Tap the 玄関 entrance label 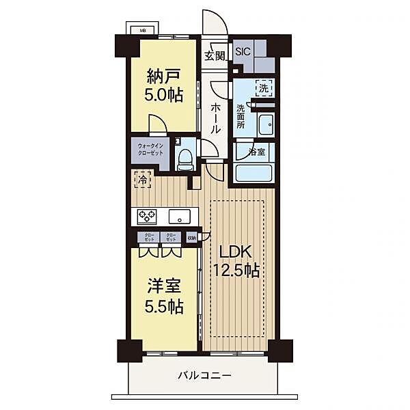point(214,56)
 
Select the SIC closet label point(243,51)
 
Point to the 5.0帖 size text point(165,95)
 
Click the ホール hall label point(215,118)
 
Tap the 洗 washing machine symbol point(264,87)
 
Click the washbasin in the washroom point(266,126)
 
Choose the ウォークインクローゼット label point(150,149)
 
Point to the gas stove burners point(147,217)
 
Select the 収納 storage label point(191,238)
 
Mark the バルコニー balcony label point(205,375)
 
